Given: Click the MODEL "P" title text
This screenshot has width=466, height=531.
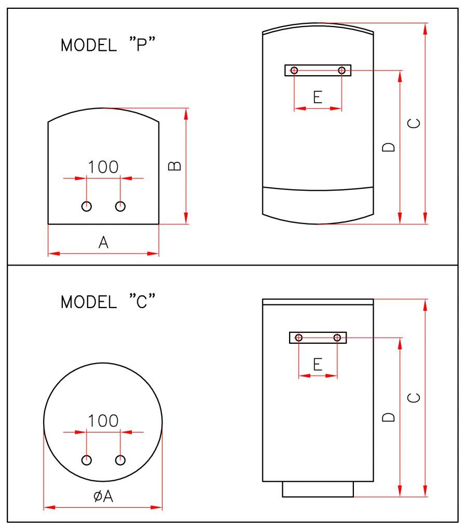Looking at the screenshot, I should (108, 45).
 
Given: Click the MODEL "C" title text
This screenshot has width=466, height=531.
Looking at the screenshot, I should (108, 302).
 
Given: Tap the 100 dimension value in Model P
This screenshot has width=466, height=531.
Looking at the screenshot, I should (103, 167).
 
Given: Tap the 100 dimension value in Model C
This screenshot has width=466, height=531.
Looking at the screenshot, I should (103, 421).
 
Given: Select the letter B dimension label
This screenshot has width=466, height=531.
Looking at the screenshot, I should (176, 166).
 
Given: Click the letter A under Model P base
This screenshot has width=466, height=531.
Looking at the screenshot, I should (104, 242).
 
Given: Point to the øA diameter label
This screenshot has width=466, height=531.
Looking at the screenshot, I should (103, 496).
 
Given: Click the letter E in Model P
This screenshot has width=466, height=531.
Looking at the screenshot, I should (318, 97).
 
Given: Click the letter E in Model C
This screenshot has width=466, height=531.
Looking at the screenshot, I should (318, 365).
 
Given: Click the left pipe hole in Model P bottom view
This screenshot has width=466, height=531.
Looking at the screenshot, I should (87, 206).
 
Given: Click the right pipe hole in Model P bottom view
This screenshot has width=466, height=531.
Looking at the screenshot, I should (120, 206).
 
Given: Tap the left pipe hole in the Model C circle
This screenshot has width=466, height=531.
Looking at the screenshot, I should (87, 460).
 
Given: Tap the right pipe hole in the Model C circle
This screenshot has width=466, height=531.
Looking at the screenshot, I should (120, 460).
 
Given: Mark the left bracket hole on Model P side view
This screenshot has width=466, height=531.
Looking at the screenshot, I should (294, 70).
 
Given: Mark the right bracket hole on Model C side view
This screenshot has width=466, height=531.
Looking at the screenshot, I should (337, 338).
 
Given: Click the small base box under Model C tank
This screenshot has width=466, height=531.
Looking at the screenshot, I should (318, 489).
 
